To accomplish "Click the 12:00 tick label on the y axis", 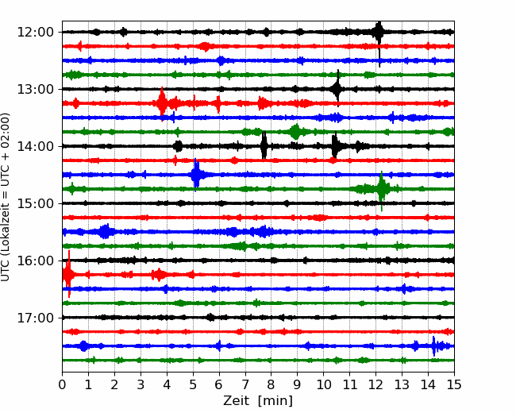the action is click(35, 33).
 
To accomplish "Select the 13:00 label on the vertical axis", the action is click(35, 89).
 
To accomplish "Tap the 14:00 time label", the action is click(35, 146).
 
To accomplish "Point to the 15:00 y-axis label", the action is click(35, 203).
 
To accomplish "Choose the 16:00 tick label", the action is click(35, 261).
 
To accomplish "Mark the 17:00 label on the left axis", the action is click(35, 318).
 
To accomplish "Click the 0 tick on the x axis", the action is click(62, 384).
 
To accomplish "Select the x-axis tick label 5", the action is click(193, 384).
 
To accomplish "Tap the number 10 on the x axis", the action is click(323, 384).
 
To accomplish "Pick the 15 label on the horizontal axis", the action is click(454, 384).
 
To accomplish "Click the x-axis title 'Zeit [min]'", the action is click(258, 401).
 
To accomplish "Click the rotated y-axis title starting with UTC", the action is click(6, 197).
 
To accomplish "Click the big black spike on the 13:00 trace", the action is click(337, 88).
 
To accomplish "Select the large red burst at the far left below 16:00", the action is click(68, 274).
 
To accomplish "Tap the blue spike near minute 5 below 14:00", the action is click(196, 175).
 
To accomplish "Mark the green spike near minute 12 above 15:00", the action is click(382, 190).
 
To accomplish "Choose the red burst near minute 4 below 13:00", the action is click(162, 103).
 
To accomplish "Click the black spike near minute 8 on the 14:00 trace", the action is click(264, 145).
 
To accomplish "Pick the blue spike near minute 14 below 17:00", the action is click(433, 346).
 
